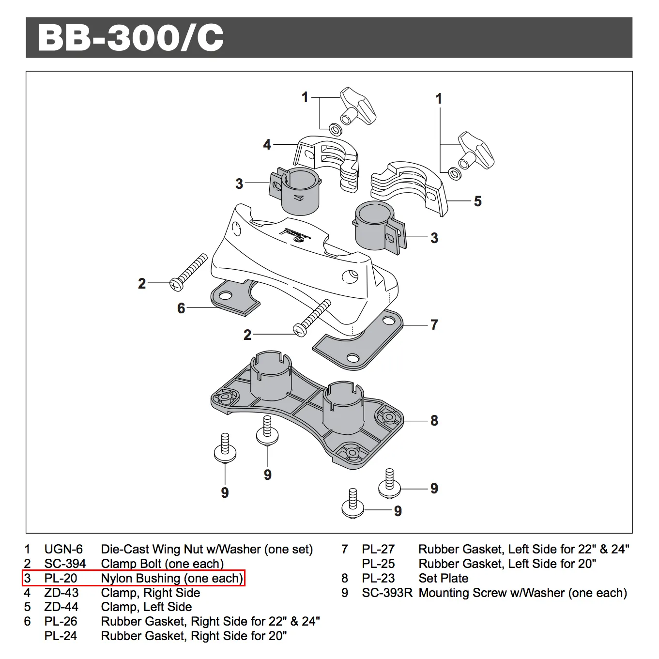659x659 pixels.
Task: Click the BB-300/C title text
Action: point(131,38)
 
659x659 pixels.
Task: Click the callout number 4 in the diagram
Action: point(267,144)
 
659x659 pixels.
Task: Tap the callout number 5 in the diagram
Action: point(477,201)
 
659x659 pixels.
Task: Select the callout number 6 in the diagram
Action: point(181,308)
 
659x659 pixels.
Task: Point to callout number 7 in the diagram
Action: point(434,324)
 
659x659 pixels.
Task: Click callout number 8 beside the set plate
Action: point(434,420)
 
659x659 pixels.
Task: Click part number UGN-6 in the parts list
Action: point(63,549)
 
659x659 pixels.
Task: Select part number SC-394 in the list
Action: point(65,564)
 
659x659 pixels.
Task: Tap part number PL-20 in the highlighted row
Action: point(61,578)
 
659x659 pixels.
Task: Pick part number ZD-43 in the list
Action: point(61,593)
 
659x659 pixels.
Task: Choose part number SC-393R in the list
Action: point(387,593)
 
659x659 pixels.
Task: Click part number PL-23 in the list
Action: point(378,578)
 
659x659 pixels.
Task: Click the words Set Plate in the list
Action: point(443,578)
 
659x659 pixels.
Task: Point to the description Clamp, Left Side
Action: point(146,607)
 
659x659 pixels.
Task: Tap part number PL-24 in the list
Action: point(61,636)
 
